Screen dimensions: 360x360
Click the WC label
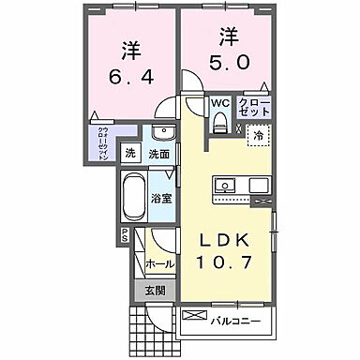(218, 103)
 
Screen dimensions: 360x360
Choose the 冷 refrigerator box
(255, 135)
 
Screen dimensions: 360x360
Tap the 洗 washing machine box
(131, 153)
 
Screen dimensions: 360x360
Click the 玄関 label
(155, 291)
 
